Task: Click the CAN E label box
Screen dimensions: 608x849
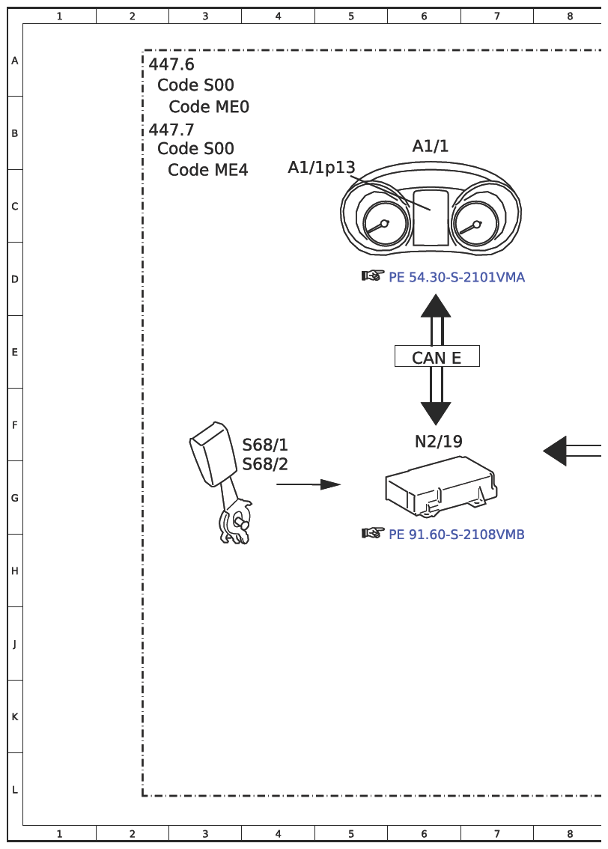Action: coord(437,356)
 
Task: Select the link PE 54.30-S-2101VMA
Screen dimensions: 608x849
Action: coord(457,277)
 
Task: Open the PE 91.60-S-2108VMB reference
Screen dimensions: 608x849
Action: coord(457,535)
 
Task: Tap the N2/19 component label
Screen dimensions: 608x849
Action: coord(439,442)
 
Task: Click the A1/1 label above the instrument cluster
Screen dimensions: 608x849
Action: coord(431,146)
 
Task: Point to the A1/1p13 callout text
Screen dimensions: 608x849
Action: coord(321,168)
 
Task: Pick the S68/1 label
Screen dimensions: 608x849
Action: coord(265,445)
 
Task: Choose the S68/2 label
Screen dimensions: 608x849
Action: coord(265,465)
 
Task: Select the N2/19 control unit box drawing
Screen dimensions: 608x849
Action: coord(441,485)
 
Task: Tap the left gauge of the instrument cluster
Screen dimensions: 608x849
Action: coord(384,224)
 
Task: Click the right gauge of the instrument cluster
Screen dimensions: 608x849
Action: coord(476,224)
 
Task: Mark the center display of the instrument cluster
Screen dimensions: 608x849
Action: coord(431,218)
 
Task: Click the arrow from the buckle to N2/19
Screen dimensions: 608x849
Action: coord(308,484)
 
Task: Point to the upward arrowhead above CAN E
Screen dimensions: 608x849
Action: coord(436,305)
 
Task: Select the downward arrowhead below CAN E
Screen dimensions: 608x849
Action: coord(436,414)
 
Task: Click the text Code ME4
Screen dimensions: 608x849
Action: coord(208,170)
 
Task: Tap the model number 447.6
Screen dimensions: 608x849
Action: coord(171,64)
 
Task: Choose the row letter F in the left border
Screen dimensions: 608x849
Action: coord(15,425)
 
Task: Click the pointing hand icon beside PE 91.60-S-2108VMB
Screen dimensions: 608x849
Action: coord(372,533)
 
